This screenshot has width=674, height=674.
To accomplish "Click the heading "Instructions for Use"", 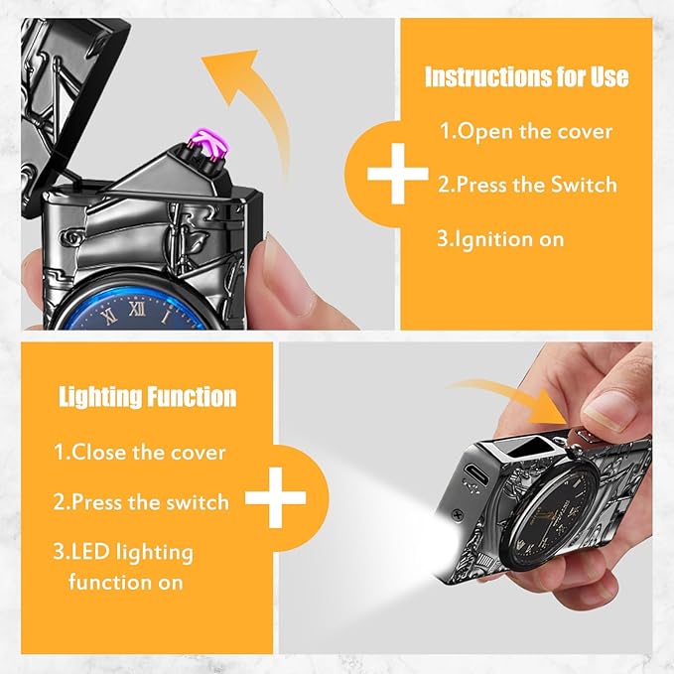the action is pos(526,77).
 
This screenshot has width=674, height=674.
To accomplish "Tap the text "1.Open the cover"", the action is pos(526,131).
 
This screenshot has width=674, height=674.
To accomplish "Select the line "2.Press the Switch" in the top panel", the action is pos(527,185).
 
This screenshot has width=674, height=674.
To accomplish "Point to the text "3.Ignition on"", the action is pos(500,238).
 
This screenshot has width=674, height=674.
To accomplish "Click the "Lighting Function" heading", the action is pos(148,396).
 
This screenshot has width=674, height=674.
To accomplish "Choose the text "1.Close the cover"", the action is pos(140,453).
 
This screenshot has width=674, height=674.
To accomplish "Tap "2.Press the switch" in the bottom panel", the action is pos(141,501).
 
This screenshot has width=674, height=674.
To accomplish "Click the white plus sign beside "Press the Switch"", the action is pos(398,174).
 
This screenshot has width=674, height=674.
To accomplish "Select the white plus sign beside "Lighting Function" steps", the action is pos(276,497).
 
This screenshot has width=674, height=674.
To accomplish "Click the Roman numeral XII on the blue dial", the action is pos(137,308).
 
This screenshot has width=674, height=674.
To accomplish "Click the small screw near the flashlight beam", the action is pos(459,513).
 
